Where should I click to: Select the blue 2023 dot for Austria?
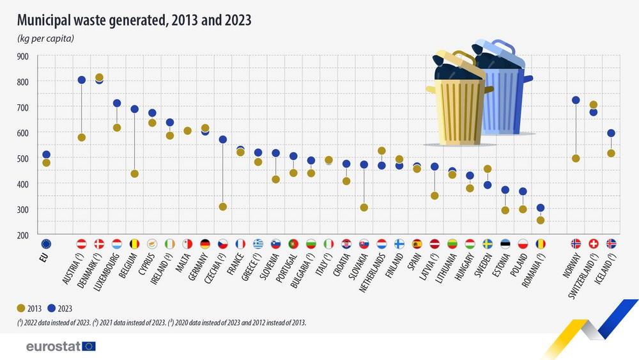(82, 80)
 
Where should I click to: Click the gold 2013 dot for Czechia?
(223, 207)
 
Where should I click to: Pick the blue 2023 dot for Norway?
(576, 100)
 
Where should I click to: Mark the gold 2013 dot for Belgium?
(135, 173)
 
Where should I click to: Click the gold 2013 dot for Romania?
(541, 220)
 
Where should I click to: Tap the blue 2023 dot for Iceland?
(611, 133)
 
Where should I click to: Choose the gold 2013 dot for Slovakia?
(364, 207)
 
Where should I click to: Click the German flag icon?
(205, 244)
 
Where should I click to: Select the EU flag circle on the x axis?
(46, 244)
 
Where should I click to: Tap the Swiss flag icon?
(593, 244)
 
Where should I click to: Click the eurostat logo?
(61, 346)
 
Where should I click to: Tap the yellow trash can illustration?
(455, 102)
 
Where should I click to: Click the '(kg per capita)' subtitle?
(45, 38)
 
